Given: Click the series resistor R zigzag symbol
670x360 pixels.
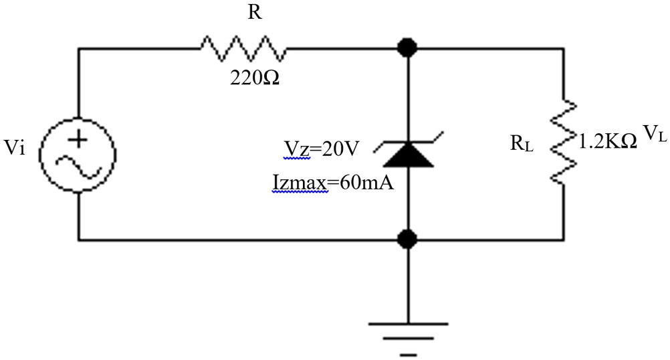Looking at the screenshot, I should [243, 48].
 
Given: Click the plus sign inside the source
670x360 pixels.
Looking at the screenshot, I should [78, 139].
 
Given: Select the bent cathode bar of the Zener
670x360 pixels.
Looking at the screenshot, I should [407, 143].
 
